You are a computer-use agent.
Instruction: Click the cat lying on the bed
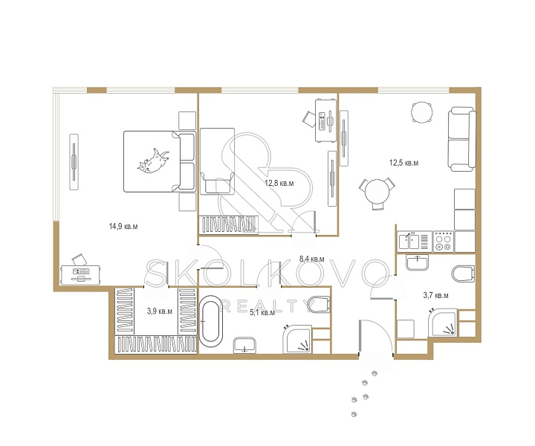(153, 161)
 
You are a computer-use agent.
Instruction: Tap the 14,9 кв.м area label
(123, 226)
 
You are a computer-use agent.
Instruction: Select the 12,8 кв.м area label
(279, 184)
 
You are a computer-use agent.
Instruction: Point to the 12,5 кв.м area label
(403, 163)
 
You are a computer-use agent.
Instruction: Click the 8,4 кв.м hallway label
(312, 259)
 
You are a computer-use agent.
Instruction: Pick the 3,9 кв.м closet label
(159, 311)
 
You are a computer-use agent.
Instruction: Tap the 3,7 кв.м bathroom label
(435, 296)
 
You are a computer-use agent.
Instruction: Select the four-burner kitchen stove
(443, 242)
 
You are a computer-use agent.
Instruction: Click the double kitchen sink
(415, 242)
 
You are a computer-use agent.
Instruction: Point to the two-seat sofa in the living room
(462, 139)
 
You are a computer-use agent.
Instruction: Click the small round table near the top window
(422, 112)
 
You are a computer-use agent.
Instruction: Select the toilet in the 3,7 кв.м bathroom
(463, 274)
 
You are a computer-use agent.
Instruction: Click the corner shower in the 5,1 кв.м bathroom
(297, 339)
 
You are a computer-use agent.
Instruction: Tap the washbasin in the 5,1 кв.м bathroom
(244, 346)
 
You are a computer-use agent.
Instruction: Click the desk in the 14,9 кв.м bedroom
(80, 275)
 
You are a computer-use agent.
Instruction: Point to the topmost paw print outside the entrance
(374, 373)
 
